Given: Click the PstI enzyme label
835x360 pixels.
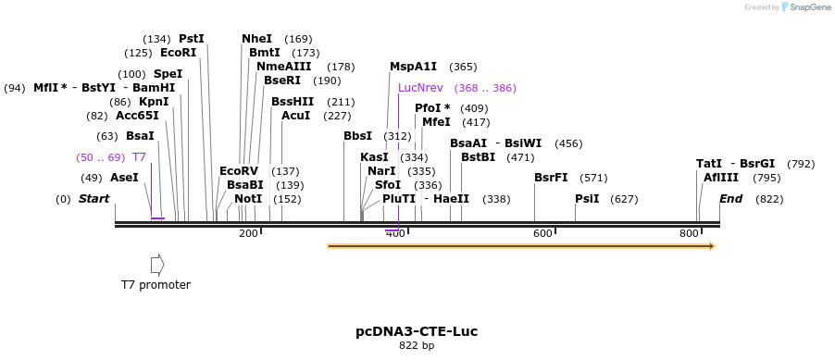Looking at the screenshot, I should [x=192, y=39].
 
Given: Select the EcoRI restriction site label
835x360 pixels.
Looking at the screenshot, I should [x=179, y=53].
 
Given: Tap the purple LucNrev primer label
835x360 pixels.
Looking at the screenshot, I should [x=420, y=88].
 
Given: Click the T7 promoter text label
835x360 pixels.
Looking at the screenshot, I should [x=156, y=284].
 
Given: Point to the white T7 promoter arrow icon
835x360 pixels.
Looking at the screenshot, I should [x=156, y=265].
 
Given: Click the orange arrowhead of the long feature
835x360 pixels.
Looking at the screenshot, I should [x=711, y=246].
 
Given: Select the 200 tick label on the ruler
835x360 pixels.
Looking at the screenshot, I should [x=248, y=233].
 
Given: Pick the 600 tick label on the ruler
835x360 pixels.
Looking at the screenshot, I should [x=542, y=233].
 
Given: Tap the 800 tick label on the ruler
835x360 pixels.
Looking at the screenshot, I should [x=689, y=233].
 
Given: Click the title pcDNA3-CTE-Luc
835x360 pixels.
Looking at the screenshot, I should [x=417, y=331].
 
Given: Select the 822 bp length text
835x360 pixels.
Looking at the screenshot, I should [x=417, y=345].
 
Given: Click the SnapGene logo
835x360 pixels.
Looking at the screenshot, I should [x=804, y=7].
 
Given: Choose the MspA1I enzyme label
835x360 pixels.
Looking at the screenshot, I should [x=413, y=67].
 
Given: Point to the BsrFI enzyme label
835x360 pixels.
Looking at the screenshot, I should [x=551, y=178].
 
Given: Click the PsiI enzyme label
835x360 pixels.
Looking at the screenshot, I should [x=587, y=198].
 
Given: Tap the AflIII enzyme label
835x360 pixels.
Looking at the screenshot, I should [x=721, y=177].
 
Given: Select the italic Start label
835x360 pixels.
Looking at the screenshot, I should [x=93, y=199].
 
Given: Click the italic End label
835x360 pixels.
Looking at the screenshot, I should [x=730, y=199].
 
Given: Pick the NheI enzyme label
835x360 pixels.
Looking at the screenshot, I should [x=256, y=39].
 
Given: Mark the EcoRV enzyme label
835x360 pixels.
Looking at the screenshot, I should [x=239, y=171].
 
